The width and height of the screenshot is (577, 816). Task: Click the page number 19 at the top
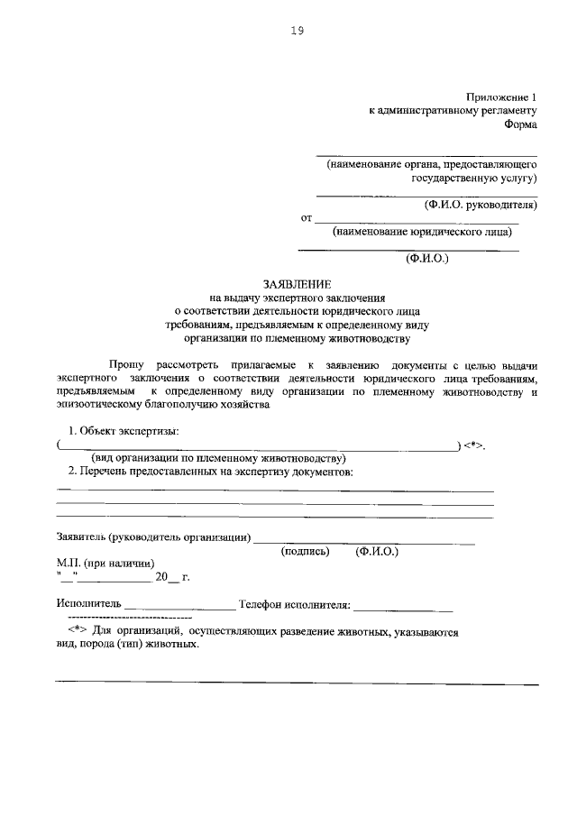(297, 31)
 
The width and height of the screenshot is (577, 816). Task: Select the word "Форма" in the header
(520, 125)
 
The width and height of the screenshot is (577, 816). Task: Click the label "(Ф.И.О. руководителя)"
(481, 205)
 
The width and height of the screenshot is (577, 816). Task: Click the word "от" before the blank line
(306, 218)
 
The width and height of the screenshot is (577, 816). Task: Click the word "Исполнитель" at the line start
(87, 603)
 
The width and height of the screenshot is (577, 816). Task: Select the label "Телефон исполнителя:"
(293, 603)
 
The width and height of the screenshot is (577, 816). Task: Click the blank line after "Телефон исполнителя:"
(403, 605)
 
